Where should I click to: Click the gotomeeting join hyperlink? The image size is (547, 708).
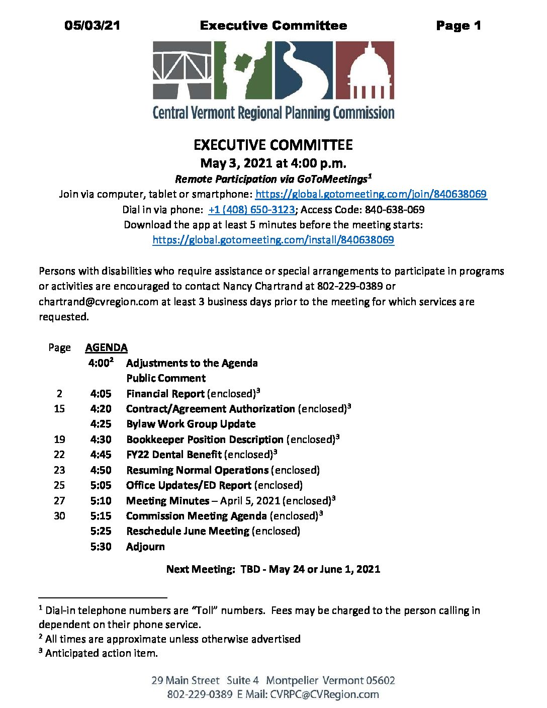point(371,194)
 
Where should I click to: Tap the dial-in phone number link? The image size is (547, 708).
point(251,210)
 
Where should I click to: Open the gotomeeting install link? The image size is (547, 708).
point(273,240)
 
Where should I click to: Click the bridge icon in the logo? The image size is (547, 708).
point(182,70)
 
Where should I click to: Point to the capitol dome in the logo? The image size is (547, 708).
point(365,70)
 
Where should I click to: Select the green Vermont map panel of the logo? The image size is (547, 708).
point(243,70)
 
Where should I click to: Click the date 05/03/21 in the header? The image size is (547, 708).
point(92,26)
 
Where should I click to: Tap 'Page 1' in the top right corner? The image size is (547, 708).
point(459,26)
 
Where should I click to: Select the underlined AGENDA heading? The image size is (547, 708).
point(106,347)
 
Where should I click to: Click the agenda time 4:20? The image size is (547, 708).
point(101,409)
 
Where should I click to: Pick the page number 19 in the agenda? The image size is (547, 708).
point(59,439)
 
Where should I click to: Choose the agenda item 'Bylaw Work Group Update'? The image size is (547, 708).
point(191,424)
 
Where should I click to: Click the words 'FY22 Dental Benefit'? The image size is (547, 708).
point(174,455)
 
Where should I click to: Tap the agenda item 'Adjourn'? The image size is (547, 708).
point(145,547)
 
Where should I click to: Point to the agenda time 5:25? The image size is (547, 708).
point(101,531)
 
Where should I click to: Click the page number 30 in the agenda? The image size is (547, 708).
point(59,516)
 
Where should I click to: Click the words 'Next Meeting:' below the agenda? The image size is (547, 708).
point(201,569)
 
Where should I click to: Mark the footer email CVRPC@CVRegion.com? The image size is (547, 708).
point(324,694)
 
